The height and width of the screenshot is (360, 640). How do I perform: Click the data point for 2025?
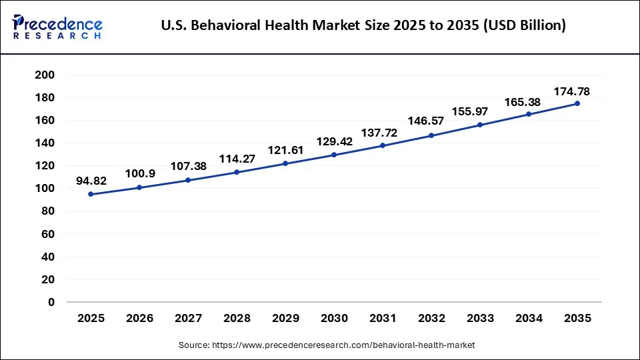pyautogui.click(x=91, y=194)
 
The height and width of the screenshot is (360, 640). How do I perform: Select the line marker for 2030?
pyautogui.click(x=334, y=155)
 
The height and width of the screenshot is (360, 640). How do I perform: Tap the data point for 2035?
pyautogui.click(x=577, y=103)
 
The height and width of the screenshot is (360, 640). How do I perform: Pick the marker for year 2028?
pyautogui.click(x=237, y=172)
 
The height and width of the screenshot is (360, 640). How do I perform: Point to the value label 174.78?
pyautogui.click(x=572, y=91)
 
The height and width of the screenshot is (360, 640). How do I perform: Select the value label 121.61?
pyautogui.click(x=285, y=150)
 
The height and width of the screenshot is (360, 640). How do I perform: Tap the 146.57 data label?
pyautogui.click(x=431, y=122)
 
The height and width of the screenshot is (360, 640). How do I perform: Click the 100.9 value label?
pyautogui.click(x=139, y=173)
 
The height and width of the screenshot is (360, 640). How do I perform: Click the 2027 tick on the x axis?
pyautogui.click(x=188, y=319)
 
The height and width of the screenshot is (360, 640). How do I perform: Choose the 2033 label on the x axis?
pyautogui.click(x=480, y=319)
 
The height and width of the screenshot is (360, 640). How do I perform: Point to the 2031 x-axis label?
pyautogui.click(x=383, y=319)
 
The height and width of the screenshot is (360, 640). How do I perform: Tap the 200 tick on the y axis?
pyautogui.click(x=45, y=75)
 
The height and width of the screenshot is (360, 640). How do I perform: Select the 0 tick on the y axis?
pyautogui.click(x=51, y=302)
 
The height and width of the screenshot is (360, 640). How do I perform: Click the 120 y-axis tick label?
pyautogui.click(x=45, y=166)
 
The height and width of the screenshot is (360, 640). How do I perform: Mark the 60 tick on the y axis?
pyautogui.click(x=48, y=234)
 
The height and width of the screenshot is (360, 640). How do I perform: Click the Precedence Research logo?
pyautogui.click(x=57, y=27)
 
